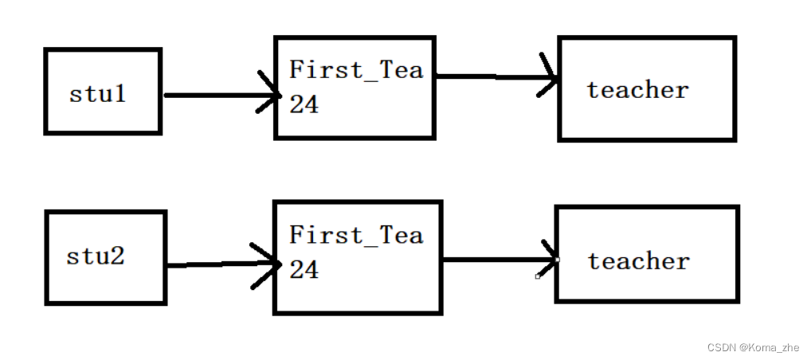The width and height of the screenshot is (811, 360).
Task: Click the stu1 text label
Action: coord(98,94)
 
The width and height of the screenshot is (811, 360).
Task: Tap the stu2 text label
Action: coord(96,257)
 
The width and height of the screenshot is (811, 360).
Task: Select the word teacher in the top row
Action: coord(637,90)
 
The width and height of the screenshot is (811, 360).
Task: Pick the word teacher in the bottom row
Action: coord(638,261)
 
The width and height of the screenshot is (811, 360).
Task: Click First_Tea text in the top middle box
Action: coord(355,70)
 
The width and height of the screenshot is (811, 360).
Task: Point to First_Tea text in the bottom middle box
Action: coord(355,236)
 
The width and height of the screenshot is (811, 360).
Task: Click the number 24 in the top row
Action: coord(304,104)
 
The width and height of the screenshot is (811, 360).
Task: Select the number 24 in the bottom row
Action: coord(304,270)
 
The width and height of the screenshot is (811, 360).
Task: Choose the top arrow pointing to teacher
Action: coord(494,77)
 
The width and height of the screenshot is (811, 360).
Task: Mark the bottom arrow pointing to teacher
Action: coord(498,260)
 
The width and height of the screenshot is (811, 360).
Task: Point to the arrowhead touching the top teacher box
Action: coord(549,77)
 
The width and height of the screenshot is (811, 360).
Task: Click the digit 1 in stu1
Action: coord(120,94)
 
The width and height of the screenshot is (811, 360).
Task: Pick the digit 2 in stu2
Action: coord(117,257)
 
